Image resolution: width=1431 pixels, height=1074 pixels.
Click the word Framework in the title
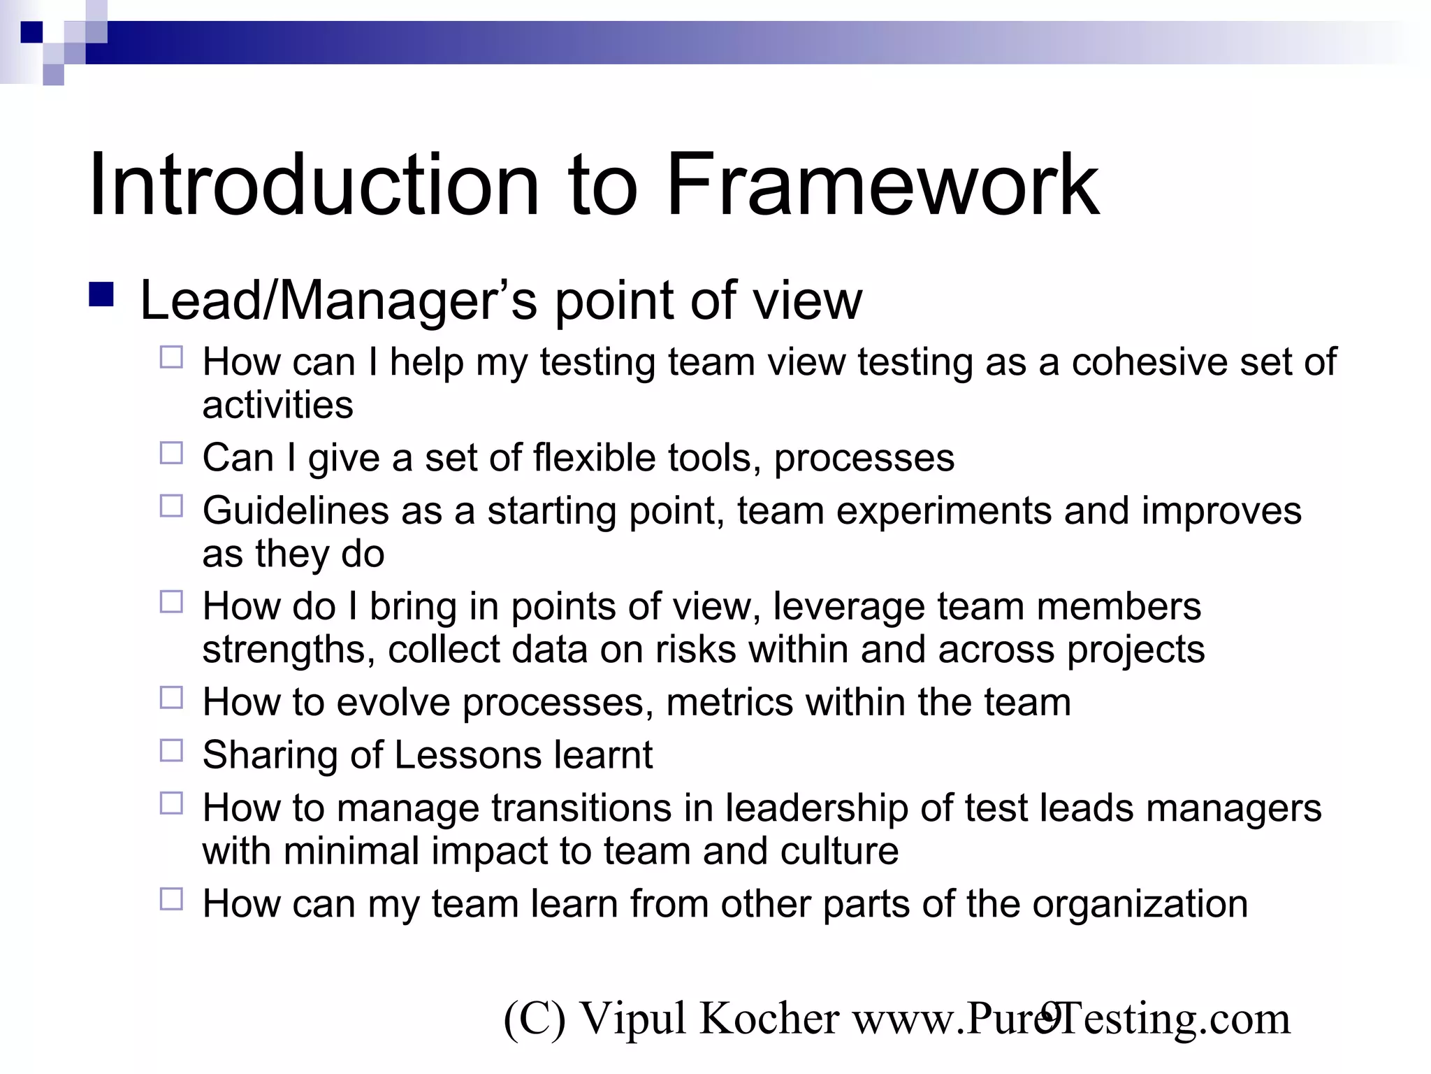tap(882, 185)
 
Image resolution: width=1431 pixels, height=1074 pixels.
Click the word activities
tap(278, 406)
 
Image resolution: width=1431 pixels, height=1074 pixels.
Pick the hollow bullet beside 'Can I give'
tap(171, 453)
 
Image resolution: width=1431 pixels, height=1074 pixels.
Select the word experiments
tap(943, 511)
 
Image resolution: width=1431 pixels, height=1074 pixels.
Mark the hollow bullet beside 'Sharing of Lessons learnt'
tap(171, 750)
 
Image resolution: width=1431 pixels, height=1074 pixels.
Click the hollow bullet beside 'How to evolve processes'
tap(171, 698)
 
